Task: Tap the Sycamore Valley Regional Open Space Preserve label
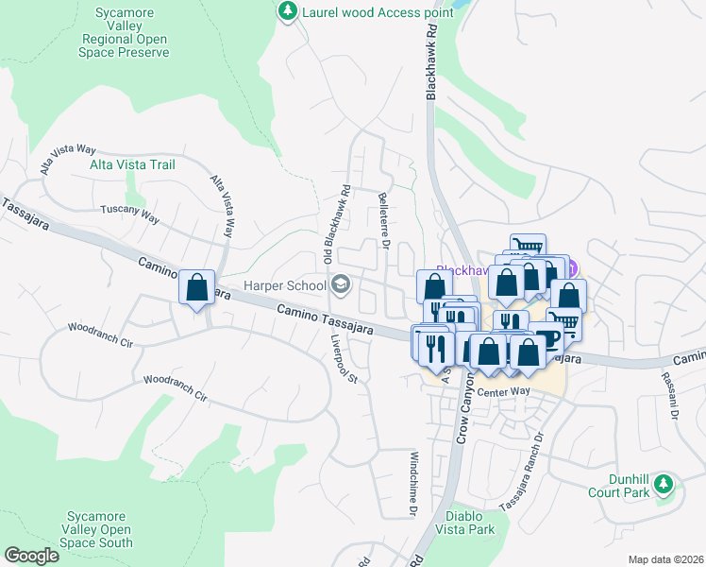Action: pos(119,39)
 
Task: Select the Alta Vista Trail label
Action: pos(132,164)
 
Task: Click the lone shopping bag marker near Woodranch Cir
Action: pos(196,286)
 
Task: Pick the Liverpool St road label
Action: pos(342,358)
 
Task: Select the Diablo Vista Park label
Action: pos(469,523)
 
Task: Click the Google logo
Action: pos(31,556)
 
